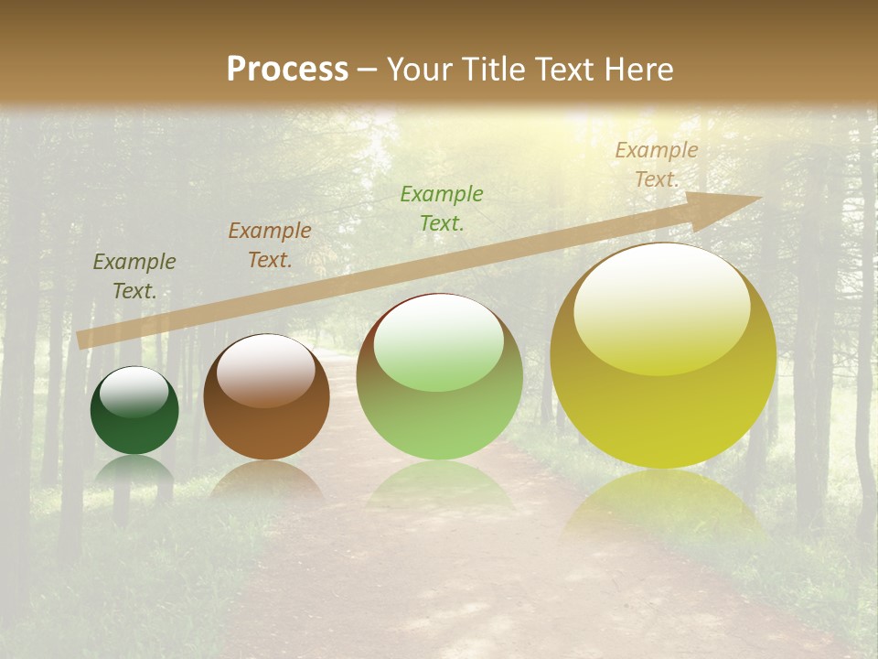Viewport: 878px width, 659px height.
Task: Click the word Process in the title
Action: click(x=287, y=70)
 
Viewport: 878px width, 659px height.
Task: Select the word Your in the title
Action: click(x=421, y=70)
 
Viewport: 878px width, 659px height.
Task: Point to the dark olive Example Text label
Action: click(x=134, y=276)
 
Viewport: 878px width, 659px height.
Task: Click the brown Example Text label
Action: click(x=270, y=245)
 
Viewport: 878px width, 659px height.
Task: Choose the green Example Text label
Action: click(x=442, y=208)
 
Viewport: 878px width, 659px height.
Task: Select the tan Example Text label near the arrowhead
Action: click(x=657, y=165)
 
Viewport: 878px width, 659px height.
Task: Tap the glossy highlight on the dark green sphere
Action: click(x=134, y=391)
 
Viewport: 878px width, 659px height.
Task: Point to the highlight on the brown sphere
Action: click(x=265, y=368)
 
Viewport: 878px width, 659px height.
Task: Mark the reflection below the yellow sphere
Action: click(x=663, y=503)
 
